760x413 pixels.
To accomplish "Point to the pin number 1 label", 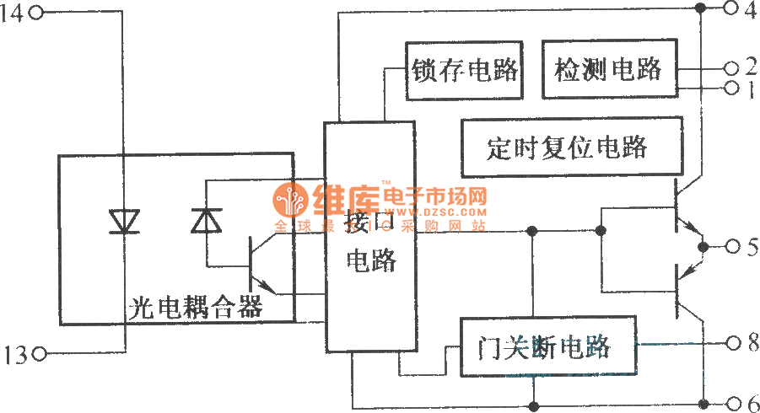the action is click(748, 88).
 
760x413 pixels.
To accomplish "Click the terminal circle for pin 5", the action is click(730, 246).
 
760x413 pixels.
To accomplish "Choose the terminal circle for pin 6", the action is click(730, 400).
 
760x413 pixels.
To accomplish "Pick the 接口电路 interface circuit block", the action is click(370, 236).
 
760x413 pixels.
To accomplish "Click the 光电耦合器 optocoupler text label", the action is click(196, 306).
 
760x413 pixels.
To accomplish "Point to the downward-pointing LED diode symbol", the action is click(125, 221).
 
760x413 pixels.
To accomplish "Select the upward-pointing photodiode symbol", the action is click(206, 221).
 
